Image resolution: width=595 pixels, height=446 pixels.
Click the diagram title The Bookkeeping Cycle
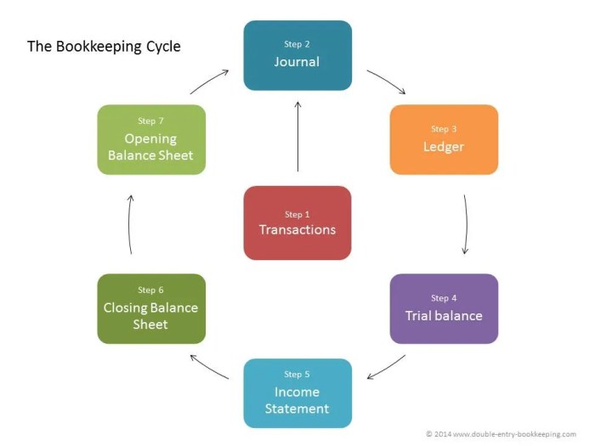coord(104,47)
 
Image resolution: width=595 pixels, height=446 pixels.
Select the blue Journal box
coord(297,55)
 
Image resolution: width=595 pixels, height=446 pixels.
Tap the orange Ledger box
coord(444,139)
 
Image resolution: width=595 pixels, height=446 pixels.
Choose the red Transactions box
coord(297,223)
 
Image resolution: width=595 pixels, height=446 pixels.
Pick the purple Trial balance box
coord(444,308)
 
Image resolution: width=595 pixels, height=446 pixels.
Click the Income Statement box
coord(297,393)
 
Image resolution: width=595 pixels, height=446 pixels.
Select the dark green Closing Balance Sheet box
coord(151,308)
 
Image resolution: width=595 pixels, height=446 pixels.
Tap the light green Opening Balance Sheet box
coord(151,139)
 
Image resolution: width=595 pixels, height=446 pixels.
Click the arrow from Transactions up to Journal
coord(297,136)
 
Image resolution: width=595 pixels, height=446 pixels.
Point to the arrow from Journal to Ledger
coord(387,82)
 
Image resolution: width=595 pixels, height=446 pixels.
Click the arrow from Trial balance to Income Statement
coord(387,366)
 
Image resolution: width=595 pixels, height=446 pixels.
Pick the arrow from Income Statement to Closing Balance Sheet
coord(209,366)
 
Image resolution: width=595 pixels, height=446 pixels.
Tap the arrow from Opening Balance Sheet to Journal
coord(209,82)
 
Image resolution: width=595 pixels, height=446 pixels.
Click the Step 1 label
coord(297,214)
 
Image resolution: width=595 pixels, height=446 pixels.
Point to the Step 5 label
coord(297,375)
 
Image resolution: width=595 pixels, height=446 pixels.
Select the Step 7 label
coord(151,121)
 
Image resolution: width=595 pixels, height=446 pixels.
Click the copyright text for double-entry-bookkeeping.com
coord(501,433)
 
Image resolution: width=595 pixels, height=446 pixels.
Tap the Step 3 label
coord(444,129)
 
